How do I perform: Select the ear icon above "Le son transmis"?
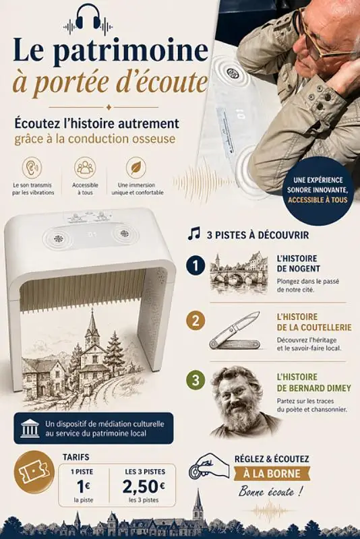[x=32, y=167]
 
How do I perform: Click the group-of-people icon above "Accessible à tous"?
[x=85, y=167]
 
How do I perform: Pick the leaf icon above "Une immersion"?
[x=136, y=167]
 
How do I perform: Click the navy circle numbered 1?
[x=196, y=266]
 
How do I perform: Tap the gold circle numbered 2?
[x=196, y=321]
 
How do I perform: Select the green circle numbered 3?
[x=196, y=380]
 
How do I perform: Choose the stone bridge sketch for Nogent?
[x=239, y=274]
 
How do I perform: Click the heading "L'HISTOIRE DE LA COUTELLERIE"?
[x=314, y=322]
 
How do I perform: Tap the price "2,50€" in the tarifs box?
[x=144, y=486]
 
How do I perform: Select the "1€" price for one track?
[x=84, y=486]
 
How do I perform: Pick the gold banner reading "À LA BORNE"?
[x=272, y=474]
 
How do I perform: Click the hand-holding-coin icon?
[x=209, y=467]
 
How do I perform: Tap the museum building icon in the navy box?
[x=30, y=429]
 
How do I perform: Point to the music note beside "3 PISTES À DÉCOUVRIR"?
[x=194, y=233]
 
